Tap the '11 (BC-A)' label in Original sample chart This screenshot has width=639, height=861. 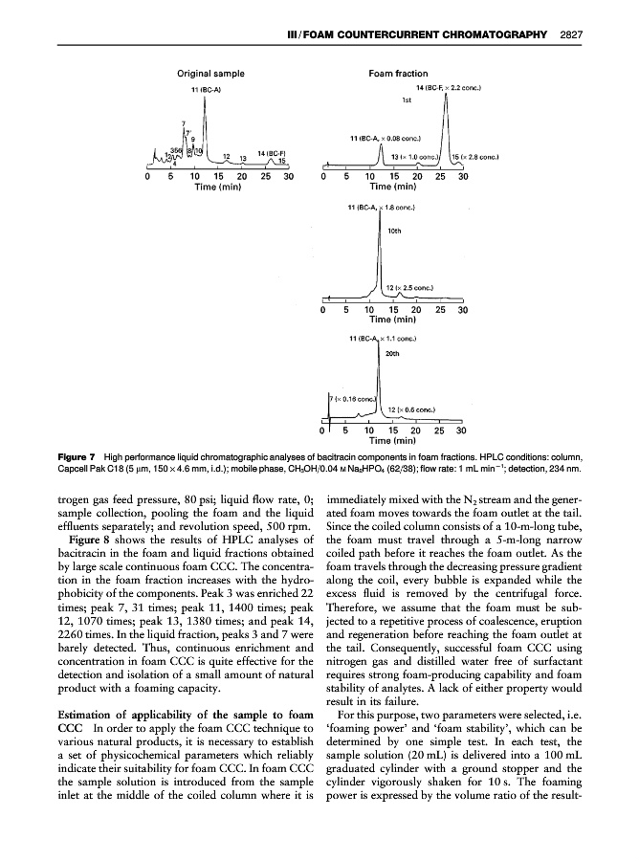(x=207, y=89)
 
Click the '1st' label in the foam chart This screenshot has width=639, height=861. (x=407, y=99)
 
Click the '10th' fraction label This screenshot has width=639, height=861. (x=393, y=230)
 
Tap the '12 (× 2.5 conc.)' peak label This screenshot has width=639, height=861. (x=409, y=285)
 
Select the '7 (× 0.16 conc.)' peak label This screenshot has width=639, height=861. (x=352, y=398)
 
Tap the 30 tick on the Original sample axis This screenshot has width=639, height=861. (x=287, y=177)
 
